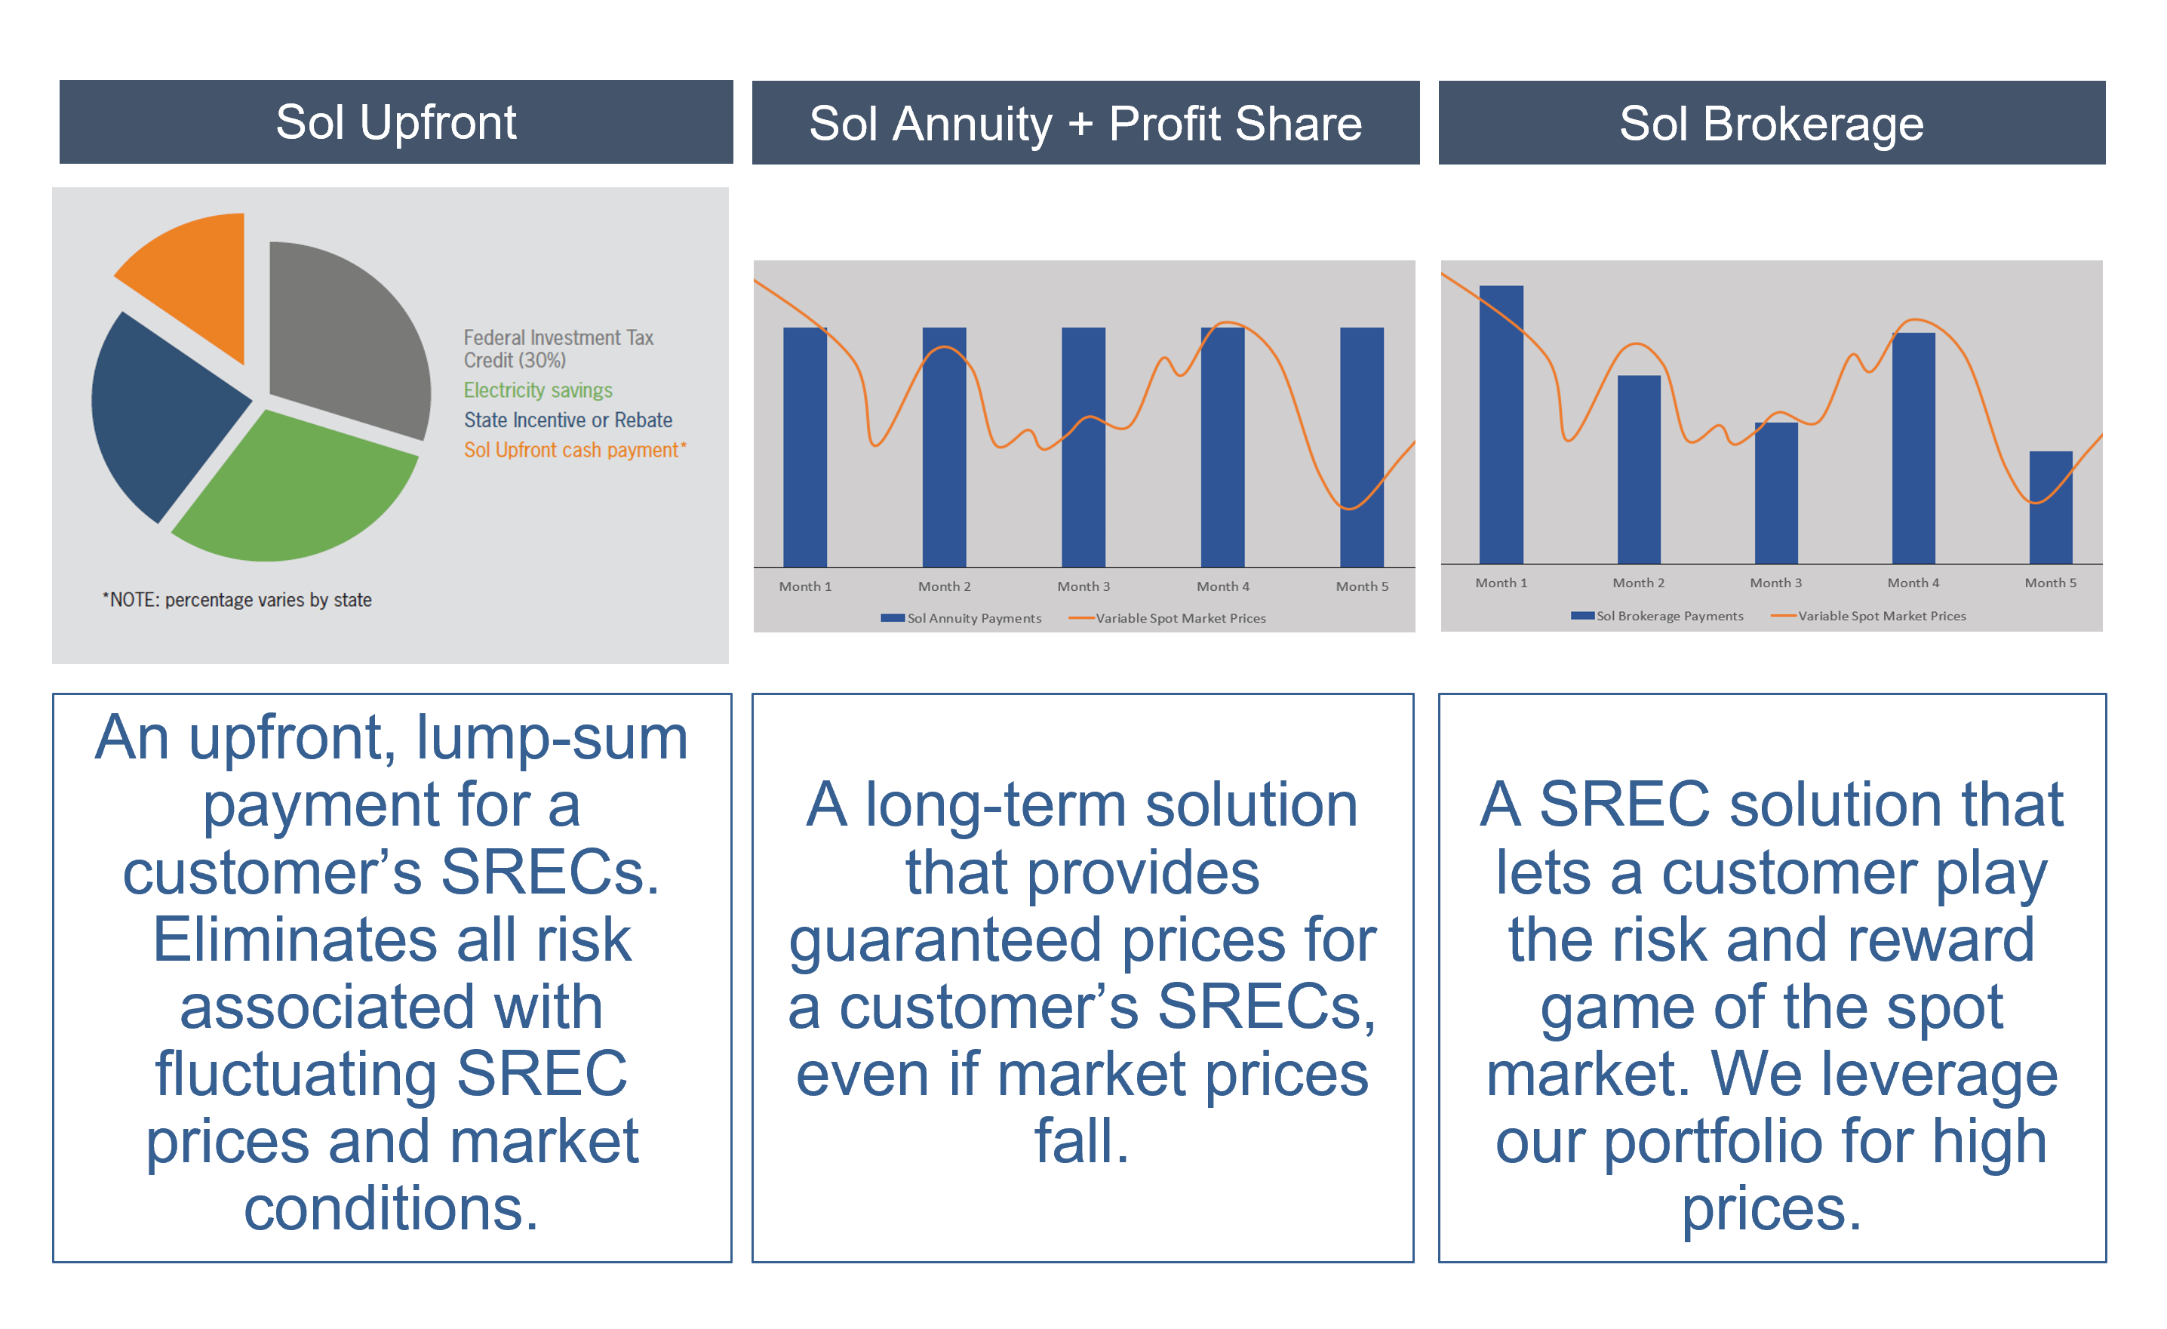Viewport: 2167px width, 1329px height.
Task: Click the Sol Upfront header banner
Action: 396,122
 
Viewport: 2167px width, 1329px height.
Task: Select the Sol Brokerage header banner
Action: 1770,123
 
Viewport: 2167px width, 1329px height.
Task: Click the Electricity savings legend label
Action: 537,389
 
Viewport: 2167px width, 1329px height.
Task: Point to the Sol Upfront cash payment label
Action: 573,450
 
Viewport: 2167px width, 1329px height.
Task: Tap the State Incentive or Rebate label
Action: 567,420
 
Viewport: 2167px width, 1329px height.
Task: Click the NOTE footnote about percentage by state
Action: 237,600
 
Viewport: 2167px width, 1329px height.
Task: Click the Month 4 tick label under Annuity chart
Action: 1222,586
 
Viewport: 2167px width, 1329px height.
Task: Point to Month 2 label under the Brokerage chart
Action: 1637,583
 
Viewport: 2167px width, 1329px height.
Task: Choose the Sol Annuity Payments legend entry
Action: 963,618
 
